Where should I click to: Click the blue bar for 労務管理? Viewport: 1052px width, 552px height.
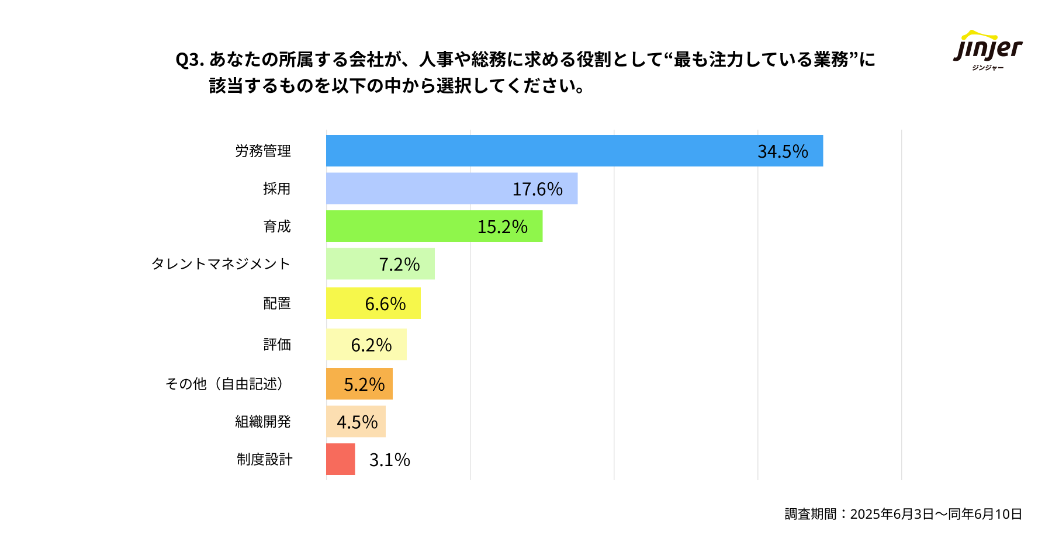point(538,151)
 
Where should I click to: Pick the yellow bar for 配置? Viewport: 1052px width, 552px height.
point(345,303)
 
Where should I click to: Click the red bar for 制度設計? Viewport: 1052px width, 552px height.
point(340,459)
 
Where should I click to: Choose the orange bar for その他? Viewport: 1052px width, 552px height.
point(335,384)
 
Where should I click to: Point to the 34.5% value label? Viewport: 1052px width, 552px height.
point(783,151)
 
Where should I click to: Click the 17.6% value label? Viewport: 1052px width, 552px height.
point(537,189)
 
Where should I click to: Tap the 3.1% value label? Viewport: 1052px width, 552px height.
point(389,460)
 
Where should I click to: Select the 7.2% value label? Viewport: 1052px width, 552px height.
point(399,264)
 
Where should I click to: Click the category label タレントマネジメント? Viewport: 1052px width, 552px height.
point(220,264)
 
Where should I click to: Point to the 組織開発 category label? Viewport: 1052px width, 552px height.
point(262,422)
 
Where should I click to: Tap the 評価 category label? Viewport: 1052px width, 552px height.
point(276,345)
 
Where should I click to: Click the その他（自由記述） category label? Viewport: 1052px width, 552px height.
point(224,384)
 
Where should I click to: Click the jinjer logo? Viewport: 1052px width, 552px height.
point(988,50)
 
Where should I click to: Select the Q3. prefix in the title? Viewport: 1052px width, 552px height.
point(189,60)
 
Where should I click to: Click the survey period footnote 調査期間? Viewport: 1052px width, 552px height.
point(903,514)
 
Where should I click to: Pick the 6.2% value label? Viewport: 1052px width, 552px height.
point(371,345)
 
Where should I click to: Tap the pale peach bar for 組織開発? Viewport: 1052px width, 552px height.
point(331,422)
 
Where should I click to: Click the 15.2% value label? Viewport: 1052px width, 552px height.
point(502,227)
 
